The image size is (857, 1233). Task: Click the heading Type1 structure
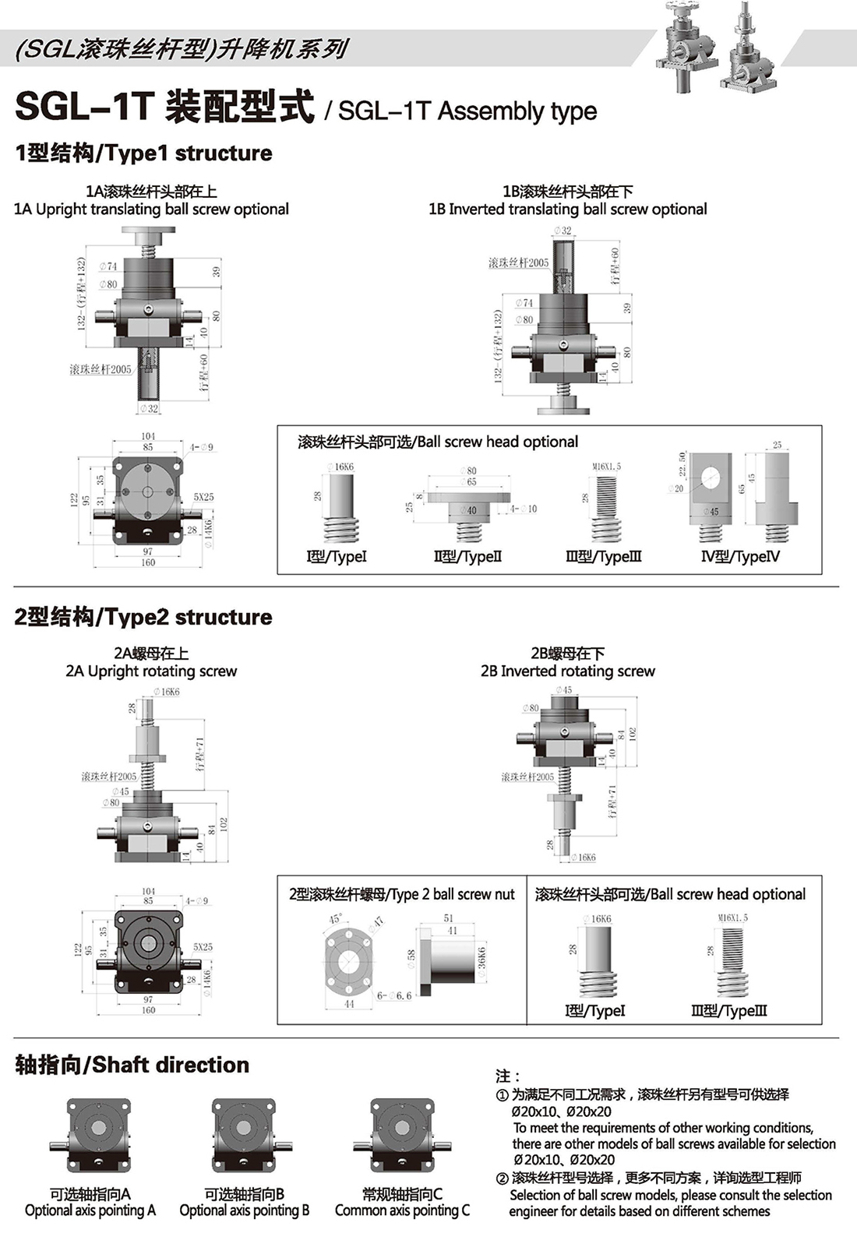point(143,153)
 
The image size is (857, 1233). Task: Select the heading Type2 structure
point(143,617)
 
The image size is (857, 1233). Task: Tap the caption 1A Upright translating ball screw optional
point(151,209)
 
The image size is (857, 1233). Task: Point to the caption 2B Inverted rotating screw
point(567,671)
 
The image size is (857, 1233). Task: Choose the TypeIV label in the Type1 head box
point(740,556)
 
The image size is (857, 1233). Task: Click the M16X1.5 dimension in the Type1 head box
point(606,467)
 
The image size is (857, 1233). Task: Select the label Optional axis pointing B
point(244,1210)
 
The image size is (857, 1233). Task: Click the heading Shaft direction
point(132,1065)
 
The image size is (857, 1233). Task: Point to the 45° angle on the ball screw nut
point(336,919)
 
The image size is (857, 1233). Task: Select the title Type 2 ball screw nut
point(401,894)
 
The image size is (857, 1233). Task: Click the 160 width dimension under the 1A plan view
point(148,562)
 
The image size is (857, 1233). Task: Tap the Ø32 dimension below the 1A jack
point(148,408)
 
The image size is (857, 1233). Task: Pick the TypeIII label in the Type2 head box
point(728,1010)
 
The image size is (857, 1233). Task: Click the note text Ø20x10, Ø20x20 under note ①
point(561,1111)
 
